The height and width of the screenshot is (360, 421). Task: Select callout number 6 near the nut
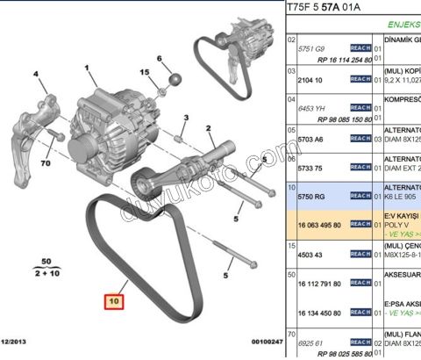pos(160,59)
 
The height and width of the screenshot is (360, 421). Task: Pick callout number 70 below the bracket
pos(44,162)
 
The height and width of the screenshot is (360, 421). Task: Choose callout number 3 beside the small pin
pos(187,118)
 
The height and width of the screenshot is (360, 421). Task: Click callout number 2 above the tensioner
pos(210,128)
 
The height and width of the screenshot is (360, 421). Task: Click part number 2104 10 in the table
pos(309,78)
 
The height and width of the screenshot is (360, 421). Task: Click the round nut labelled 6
pos(174,80)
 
